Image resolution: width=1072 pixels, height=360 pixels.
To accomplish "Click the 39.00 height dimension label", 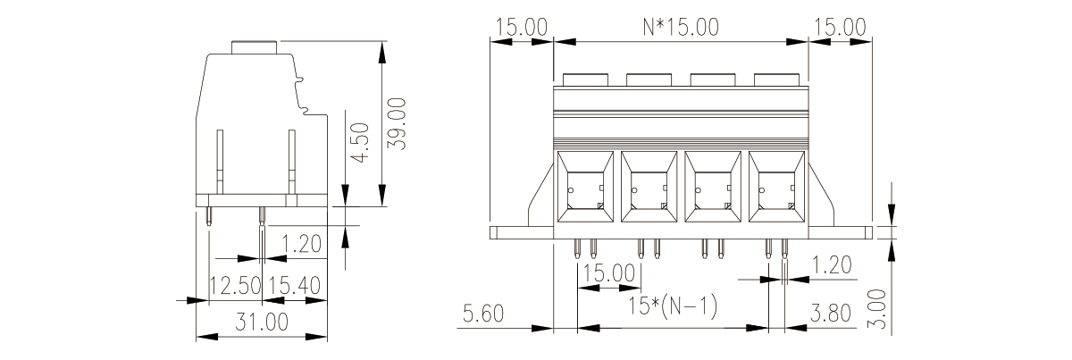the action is pyautogui.click(x=397, y=123).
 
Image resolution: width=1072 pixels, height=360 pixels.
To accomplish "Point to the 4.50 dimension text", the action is pyautogui.click(x=359, y=143).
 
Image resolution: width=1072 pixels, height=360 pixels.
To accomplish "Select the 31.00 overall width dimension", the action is pyautogui.click(x=262, y=322).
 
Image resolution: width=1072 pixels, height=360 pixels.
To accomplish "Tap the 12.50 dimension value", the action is pyautogui.click(x=236, y=285).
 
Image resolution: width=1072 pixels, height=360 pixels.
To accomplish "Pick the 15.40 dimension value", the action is pyautogui.click(x=294, y=285).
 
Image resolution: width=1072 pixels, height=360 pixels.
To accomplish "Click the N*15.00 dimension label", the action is pyautogui.click(x=681, y=28).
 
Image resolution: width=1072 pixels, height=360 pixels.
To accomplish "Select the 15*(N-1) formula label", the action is pyautogui.click(x=673, y=306).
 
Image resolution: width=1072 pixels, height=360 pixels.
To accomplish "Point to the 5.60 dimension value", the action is pyautogui.click(x=483, y=314).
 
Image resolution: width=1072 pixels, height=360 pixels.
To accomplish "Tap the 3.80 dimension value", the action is pyautogui.click(x=830, y=314).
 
